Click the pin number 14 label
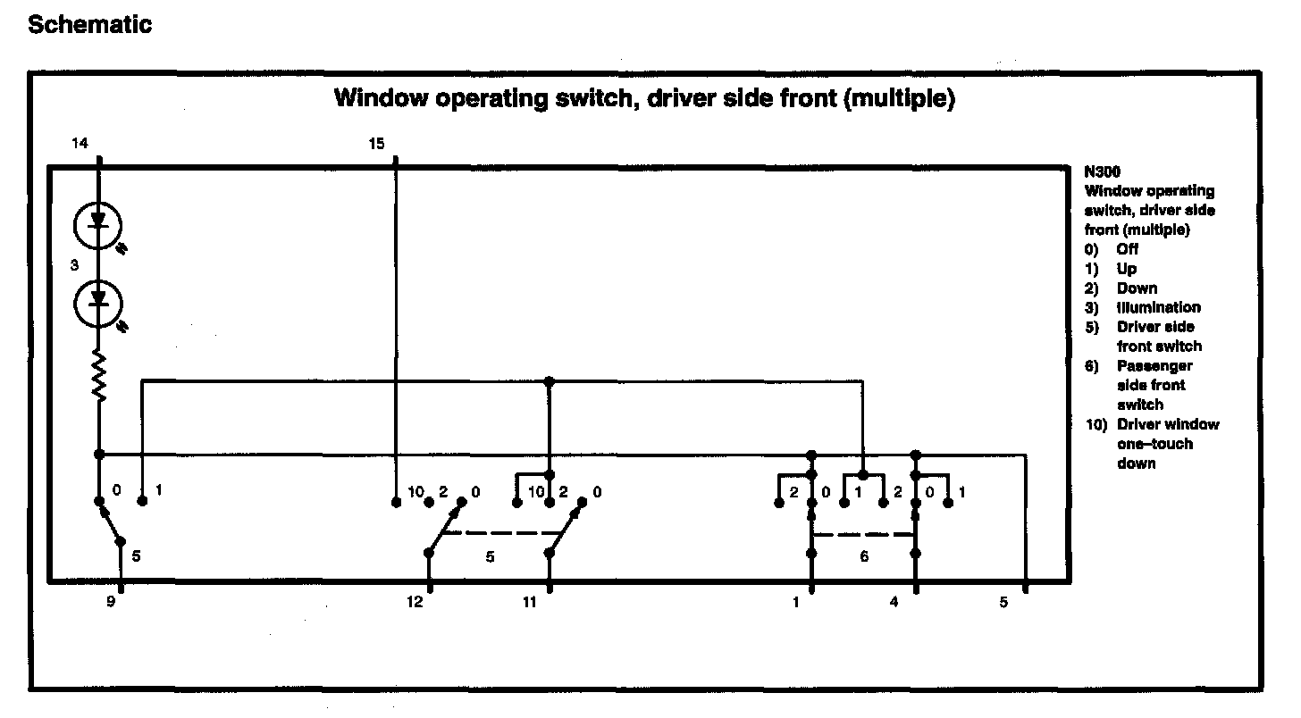coord(80,143)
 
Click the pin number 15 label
coord(377,143)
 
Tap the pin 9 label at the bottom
coord(111,603)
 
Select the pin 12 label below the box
coord(414,603)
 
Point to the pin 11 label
coord(530,603)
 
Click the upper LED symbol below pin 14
coord(98,226)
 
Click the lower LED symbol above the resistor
coord(98,305)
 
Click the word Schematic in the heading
coord(89,25)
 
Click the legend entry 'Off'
coord(1128,249)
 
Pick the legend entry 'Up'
coord(1126,269)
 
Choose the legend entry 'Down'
coord(1137,288)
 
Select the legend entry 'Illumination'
coord(1158,307)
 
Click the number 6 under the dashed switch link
coord(863,556)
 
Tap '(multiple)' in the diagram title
coord(899,97)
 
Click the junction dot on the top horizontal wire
coord(550,381)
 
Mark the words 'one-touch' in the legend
coord(1154,444)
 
